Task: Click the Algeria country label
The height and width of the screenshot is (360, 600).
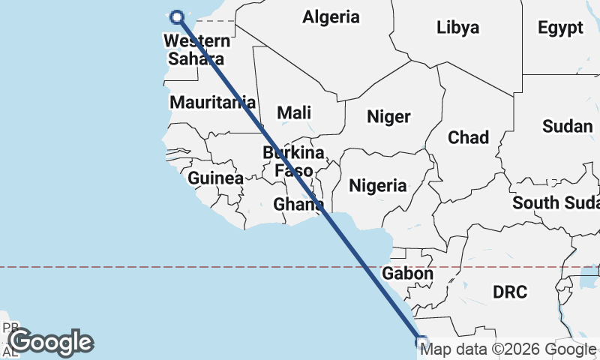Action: pos(331,16)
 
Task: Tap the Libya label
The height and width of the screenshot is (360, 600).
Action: pos(457,28)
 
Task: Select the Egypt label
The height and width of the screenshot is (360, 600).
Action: pos(560,28)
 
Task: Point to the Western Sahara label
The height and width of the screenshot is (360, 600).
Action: pos(196,49)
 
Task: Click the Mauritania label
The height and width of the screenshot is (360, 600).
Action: pos(213,102)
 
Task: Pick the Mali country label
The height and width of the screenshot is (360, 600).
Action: pos(294,112)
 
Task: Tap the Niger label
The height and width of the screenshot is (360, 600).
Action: pos(388,116)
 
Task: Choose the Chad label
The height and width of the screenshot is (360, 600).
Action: pos(468,137)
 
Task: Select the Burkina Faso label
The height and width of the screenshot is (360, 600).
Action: pos(293,161)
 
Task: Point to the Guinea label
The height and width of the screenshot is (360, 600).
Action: pos(216,178)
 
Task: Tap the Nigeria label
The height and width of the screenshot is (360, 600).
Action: pos(378,185)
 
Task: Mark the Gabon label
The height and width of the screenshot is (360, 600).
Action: pos(407,274)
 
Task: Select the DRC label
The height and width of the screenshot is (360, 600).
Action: pos(511,292)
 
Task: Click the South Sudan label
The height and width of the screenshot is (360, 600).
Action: pos(556,202)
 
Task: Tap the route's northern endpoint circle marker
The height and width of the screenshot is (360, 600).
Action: pos(178,17)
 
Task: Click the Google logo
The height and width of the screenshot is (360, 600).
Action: pos(51,342)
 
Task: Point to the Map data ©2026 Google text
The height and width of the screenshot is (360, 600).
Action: pos(508,349)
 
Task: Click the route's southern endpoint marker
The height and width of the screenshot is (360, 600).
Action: pos(421,341)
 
